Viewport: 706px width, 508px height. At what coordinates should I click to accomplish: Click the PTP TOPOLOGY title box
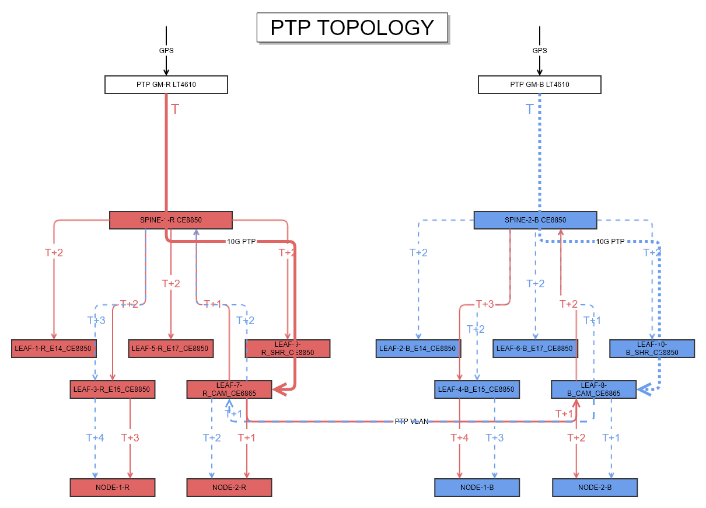pos(352,27)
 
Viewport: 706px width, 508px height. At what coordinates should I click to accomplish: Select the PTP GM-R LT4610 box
pos(166,85)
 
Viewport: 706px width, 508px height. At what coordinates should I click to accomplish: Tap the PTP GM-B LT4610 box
pos(539,85)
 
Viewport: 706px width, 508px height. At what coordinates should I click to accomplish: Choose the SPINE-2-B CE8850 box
pos(535,220)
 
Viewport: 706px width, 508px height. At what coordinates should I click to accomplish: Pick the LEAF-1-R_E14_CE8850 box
pos(53,349)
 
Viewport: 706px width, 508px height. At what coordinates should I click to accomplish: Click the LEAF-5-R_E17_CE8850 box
pos(170,349)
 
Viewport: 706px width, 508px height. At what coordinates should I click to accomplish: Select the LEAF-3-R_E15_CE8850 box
pos(112,389)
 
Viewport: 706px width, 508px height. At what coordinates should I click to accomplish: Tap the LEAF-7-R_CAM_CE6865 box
pos(229,389)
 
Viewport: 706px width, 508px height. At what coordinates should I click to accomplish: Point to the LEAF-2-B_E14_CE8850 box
pos(418,349)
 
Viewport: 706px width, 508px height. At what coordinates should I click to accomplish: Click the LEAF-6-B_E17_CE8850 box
pos(534,349)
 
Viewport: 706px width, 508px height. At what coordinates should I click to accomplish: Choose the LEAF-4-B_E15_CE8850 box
pos(477,389)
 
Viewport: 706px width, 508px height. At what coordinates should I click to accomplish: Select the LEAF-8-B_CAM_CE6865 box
pos(593,389)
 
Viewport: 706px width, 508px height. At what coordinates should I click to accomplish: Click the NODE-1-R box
pos(113,487)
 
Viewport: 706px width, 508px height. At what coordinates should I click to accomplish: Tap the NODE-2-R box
pos(229,487)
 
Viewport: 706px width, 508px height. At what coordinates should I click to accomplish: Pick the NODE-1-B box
pos(477,487)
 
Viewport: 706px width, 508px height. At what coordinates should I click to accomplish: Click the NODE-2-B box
pos(595,487)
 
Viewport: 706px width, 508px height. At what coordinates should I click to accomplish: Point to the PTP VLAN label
pos(411,421)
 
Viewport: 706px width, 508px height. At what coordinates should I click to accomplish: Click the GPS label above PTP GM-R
pos(166,51)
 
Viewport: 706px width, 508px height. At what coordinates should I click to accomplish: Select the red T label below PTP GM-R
pos(174,109)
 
